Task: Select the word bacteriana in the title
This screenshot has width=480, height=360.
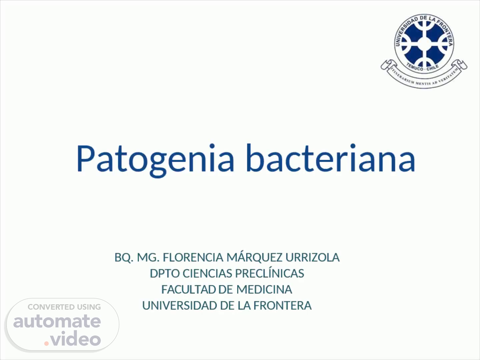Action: point(331,158)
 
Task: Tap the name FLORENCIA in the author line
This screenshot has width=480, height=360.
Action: point(193,257)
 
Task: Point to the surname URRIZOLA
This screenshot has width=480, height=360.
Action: point(312,257)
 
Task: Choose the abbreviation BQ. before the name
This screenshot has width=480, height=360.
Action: point(124,258)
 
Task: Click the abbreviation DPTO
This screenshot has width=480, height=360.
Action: point(165,273)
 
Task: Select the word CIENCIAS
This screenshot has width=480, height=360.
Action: point(207,273)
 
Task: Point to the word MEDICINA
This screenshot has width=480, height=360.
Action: point(264,289)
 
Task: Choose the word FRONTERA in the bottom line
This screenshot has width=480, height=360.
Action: point(283,306)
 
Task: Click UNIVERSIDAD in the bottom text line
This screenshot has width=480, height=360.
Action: point(180,306)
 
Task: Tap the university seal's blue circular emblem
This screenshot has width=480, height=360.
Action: point(424,44)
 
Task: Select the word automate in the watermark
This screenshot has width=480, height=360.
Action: point(57,321)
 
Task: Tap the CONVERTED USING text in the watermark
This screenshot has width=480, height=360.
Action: point(64,307)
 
